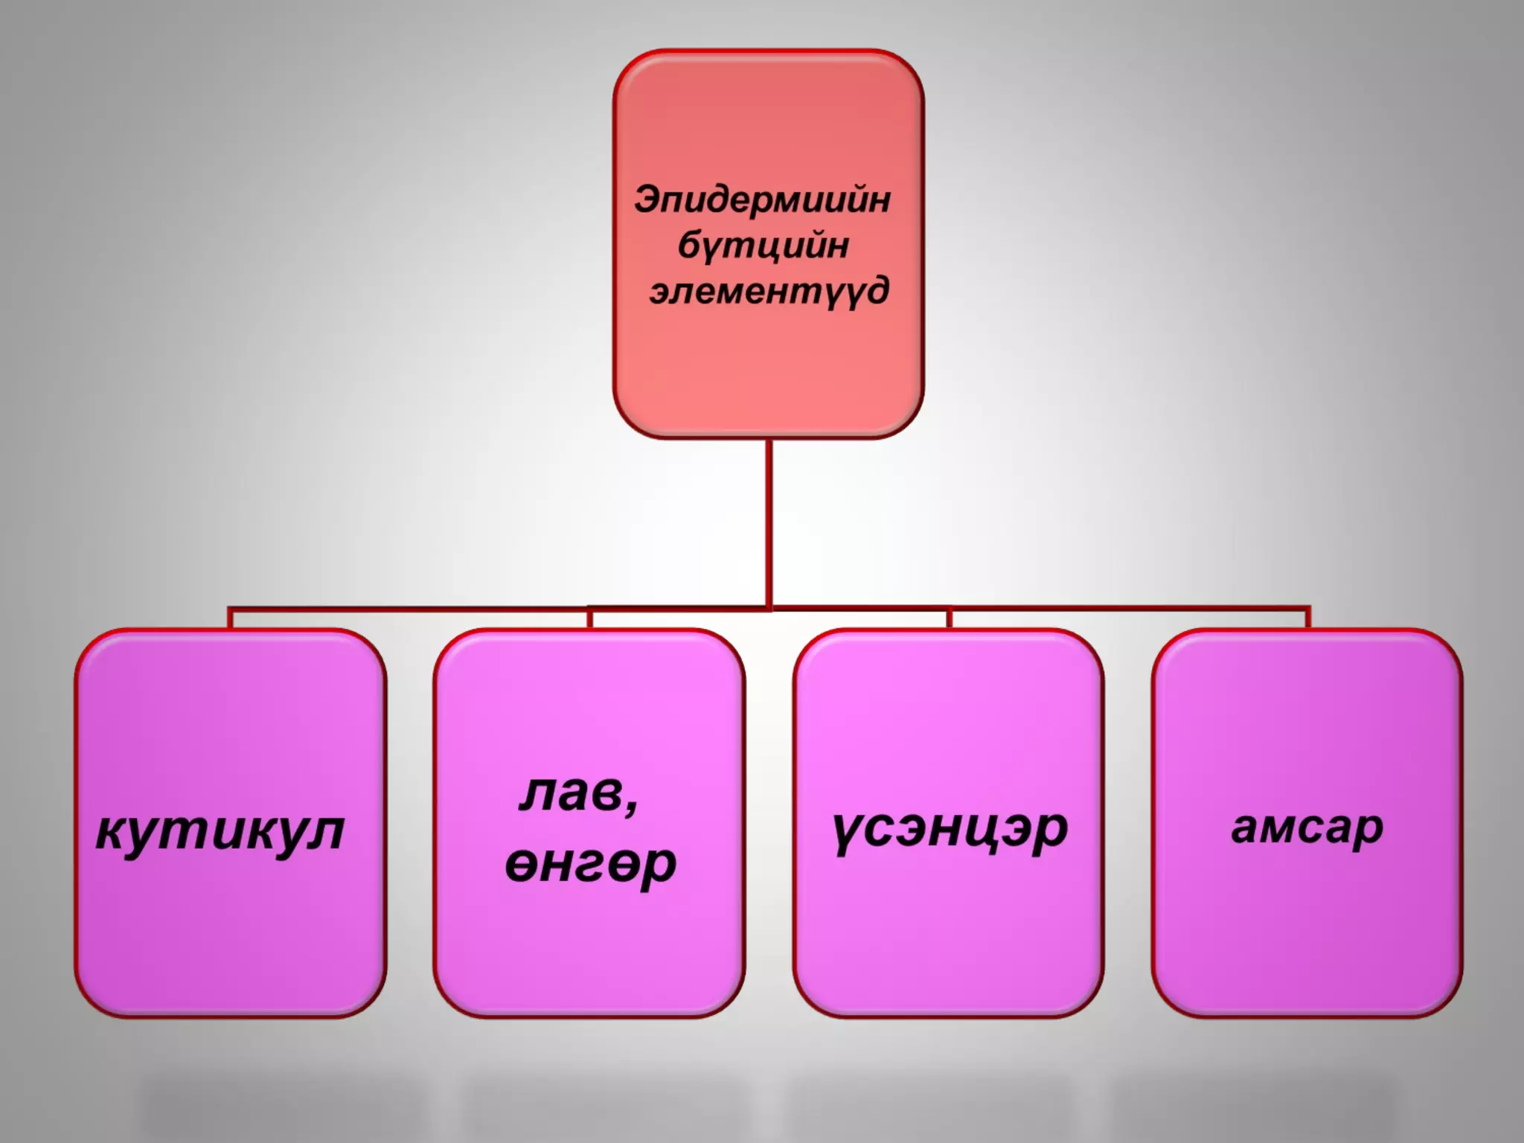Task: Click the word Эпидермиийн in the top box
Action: click(762, 200)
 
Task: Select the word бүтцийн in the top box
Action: click(763, 246)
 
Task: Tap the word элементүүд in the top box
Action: click(769, 290)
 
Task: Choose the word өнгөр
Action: click(590, 864)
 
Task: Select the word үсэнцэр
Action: click(950, 828)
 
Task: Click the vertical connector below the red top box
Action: click(769, 521)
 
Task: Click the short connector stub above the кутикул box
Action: click(231, 618)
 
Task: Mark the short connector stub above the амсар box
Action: click(1307, 618)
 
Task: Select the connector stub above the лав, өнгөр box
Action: click(589, 618)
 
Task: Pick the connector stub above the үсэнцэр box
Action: click(949, 618)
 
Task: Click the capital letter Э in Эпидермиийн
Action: click(648, 199)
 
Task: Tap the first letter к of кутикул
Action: click(111, 831)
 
